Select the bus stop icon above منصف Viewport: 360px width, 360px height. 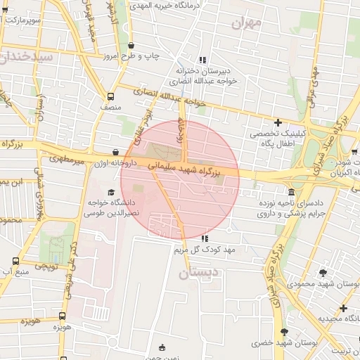coord(110,96)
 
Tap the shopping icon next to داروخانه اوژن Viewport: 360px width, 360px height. coord(116,152)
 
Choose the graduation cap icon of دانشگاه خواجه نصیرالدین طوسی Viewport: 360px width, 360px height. coord(110,193)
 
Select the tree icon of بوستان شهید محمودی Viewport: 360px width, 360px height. coord(323,273)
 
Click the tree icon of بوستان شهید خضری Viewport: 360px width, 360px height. coord(284,332)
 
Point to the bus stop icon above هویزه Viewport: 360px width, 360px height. coord(62,316)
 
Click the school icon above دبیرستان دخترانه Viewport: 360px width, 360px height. coord(202,60)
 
